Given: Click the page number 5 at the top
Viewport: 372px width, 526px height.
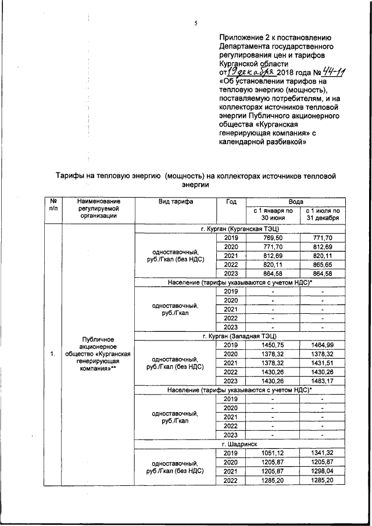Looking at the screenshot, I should pyautogui.click(x=196, y=23).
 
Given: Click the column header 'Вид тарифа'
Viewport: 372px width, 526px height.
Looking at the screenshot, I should pyautogui.click(x=175, y=202).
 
